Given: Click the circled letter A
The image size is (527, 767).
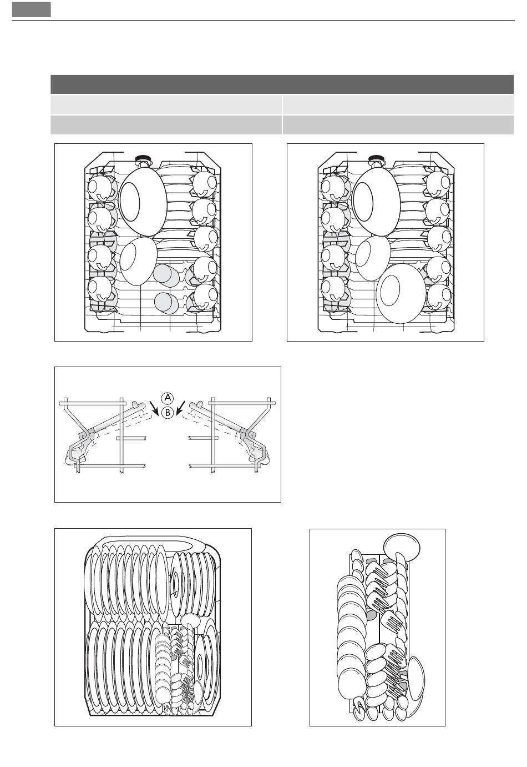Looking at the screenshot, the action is [167, 398].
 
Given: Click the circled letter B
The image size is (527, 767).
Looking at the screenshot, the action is [167, 413].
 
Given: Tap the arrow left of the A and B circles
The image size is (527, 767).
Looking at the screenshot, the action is [154, 408].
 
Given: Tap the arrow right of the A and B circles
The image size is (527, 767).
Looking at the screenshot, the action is [180, 408].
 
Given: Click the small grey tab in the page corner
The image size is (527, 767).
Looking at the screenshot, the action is [32, 9].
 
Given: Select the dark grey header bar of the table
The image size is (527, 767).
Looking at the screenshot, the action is [282, 84].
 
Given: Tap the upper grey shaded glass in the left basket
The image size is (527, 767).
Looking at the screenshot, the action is [165, 275].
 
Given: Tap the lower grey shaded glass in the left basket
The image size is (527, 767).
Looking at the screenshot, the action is [166, 303].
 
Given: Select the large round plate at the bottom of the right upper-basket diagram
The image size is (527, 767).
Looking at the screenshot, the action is [401, 294].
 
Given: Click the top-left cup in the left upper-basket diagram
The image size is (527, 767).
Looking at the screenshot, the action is [100, 188].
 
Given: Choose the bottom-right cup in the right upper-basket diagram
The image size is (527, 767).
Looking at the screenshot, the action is [439, 297].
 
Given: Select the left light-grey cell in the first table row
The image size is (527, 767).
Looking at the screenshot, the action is [166, 105].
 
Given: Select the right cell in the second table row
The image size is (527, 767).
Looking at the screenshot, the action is [398, 125].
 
